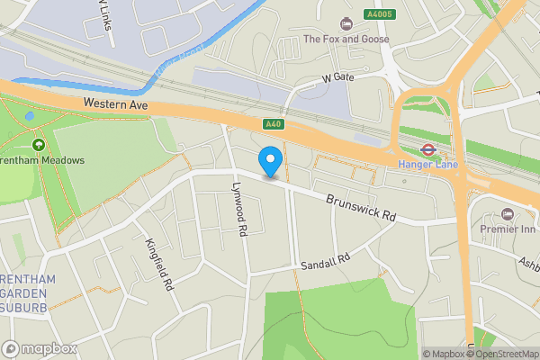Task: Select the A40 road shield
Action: [x=274, y=123]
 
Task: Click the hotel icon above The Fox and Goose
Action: [x=346, y=23]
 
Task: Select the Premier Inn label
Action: [x=507, y=229]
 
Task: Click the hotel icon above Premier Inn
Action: [x=507, y=213]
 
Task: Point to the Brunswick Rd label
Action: [x=361, y=210]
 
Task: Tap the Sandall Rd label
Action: [x=324, y=262]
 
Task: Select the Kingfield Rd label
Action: [x=157, y=265]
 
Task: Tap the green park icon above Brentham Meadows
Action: [x=39, y=144]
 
